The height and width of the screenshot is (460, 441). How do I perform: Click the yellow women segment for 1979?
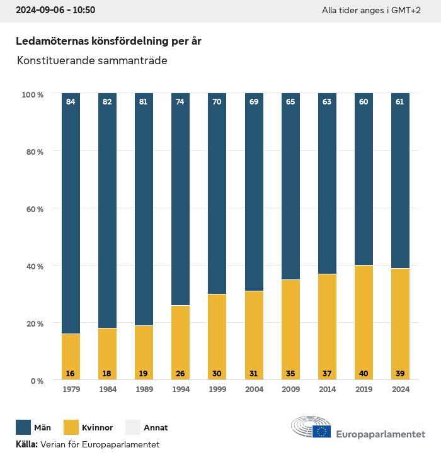tap(71, 356)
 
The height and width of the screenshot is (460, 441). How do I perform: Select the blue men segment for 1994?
tap(180, 199)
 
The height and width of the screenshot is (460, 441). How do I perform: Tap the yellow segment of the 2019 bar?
tap(364, 322)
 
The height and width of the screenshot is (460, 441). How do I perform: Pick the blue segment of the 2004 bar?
tap(254, 192)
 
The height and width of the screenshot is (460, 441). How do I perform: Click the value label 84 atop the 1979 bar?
tap(71, 102)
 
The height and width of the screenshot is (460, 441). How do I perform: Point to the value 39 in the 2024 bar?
tap(400, 373)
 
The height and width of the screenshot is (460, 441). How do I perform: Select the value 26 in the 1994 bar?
tap(180, 373)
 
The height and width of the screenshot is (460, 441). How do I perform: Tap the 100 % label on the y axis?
tap(31, 94)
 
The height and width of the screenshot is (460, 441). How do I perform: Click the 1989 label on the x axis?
tap(144, 390)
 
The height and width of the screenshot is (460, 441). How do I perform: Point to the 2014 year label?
tap(327, 390)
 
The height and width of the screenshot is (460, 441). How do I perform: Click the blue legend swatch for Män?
tap(23, 428)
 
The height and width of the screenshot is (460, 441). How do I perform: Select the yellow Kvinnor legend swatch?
tap(71, 428)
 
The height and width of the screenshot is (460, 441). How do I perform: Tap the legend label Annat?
tap(156, 428)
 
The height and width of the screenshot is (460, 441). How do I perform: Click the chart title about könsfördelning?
tap(108, 41)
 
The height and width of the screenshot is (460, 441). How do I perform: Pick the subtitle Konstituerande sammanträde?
tap(92, 61)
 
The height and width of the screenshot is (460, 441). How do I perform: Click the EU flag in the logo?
tap(322, 431)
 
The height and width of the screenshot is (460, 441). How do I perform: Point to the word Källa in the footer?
tap(26, 445)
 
